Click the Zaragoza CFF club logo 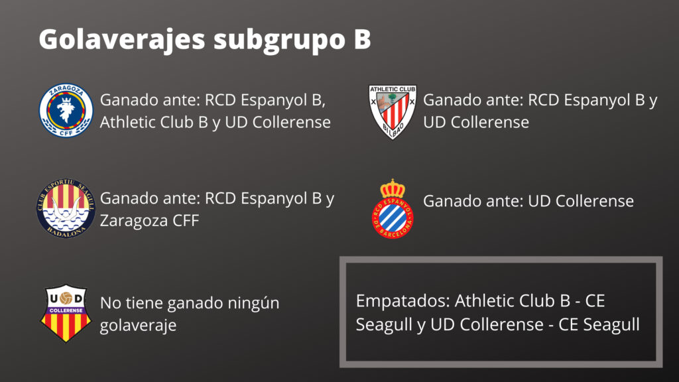(x=66, y=110)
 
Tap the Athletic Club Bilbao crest (x=392, y=111)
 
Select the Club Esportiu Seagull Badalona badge (x=66, y=209)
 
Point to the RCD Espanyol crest (x=393, y=209)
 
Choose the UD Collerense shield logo (x=66, y=314)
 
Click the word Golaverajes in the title (x=121, y=39)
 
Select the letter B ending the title (x=359, y=39)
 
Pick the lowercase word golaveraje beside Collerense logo (x=138, y=326)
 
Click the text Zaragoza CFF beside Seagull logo (x=149, y=221)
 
